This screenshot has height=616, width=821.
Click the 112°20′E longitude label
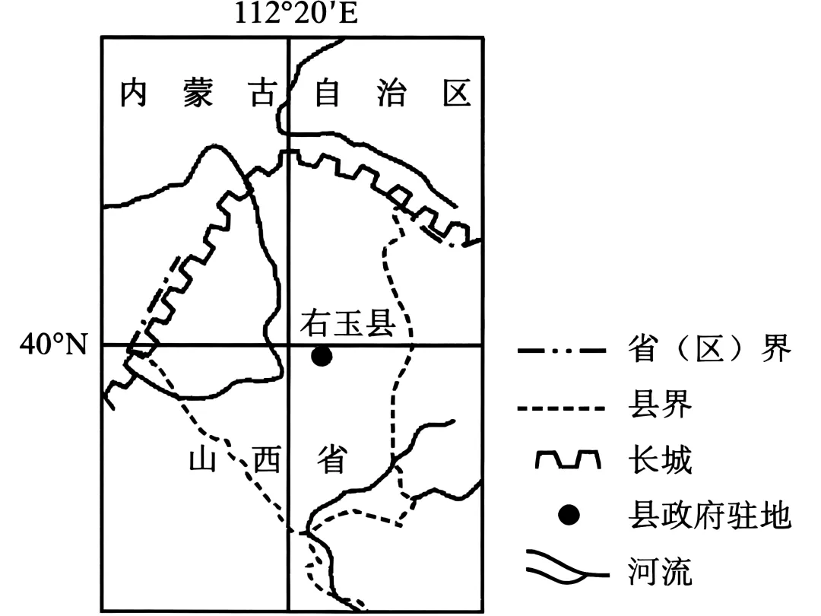[296, 14]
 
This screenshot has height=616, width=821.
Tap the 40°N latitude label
[54, 346]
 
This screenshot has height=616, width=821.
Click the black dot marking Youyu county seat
[322, 355]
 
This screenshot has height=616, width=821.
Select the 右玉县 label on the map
[348, 324]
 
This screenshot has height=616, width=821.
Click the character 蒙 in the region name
[198, 94]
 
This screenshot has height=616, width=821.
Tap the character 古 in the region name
[263, 94]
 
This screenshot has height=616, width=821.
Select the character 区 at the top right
[457, 94]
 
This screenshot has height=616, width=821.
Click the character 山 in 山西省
[203, 460]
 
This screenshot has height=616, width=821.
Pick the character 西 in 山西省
[266, 460]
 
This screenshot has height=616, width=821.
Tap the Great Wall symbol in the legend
[569, 461]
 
